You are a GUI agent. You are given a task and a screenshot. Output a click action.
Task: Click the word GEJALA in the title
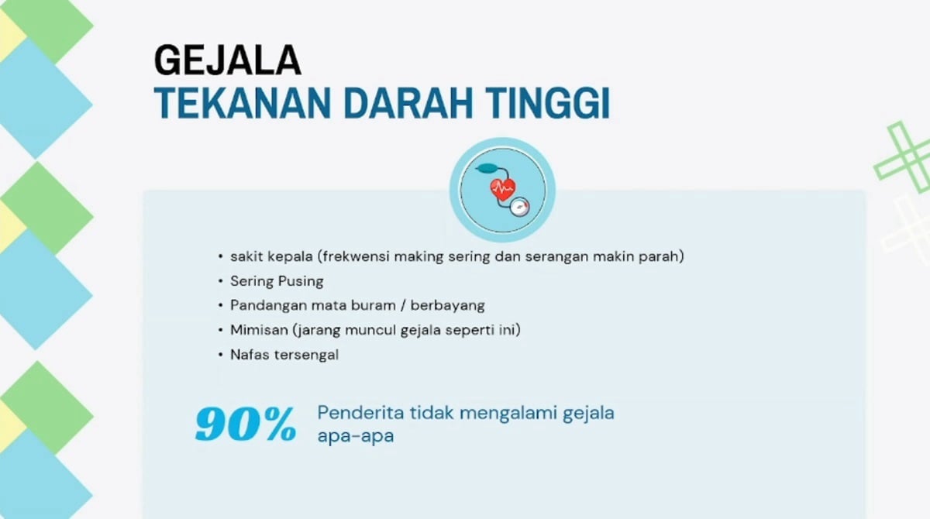point(228,60)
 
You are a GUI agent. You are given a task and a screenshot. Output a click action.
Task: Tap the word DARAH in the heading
point(408,103)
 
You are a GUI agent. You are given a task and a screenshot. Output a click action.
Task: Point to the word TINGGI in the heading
point(548,103)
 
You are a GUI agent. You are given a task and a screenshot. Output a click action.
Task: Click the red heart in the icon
point(503,189)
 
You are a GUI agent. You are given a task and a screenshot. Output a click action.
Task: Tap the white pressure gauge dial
point(520,207)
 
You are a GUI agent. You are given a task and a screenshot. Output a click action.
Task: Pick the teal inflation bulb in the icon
point(487,168)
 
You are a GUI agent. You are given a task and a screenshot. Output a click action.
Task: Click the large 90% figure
point(246,424)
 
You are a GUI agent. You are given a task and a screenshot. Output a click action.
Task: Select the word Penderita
point(360,413)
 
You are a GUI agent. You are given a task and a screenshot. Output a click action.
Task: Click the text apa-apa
point(356,436)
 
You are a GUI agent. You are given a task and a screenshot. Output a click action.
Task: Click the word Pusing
point(301,282)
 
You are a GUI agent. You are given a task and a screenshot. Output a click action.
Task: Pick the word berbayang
point(448,306)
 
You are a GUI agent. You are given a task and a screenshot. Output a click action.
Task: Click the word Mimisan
point(259,330)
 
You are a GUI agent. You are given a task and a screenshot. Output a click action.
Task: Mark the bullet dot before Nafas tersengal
point(220,355)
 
